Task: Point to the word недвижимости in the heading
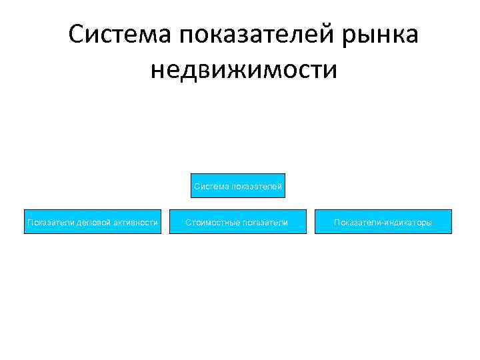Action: (x=244, y=69)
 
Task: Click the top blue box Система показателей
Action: (x=239, y=187)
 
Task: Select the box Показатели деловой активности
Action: (x=92, y=222)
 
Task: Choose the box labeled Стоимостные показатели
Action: (x=237, y=222)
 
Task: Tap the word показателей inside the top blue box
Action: (x=257, y=187)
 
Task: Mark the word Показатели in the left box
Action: (x=49, y=222)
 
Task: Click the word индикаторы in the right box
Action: (x=407, y=222)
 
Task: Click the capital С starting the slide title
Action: (x=76, y=34)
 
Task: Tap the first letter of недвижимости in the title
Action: (x=157, y=70)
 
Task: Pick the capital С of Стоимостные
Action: (x=188, y=222)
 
